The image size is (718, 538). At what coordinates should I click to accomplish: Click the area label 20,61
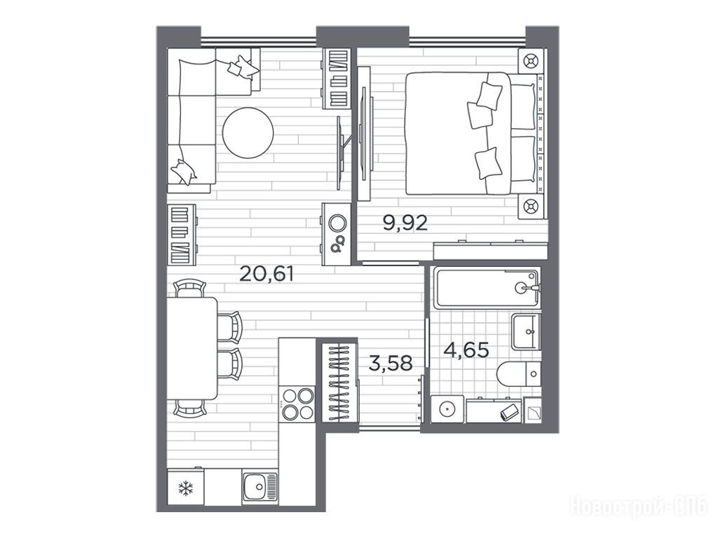coord(266,274)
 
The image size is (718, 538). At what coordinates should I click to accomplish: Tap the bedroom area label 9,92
coord(405,223)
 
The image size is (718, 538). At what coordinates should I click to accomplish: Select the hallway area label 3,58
coord(391,364)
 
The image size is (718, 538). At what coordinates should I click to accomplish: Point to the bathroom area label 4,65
coord(466,350)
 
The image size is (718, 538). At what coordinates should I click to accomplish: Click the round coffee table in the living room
coord(248,132)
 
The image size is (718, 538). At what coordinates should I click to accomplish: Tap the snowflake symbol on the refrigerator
coord(185,488)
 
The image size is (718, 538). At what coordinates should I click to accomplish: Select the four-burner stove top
coord(297,403)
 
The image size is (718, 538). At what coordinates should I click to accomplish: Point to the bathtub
coord(487,288)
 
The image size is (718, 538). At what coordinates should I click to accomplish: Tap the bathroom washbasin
coord(526,331)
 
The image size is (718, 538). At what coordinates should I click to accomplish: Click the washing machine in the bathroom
coord(447,409)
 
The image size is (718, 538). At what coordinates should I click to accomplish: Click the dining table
coord(192,348)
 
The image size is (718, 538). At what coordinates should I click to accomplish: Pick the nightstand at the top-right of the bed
coord(531,61)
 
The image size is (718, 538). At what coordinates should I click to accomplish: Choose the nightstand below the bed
coord(531,207)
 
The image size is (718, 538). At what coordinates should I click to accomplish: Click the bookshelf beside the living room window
coord(337,78)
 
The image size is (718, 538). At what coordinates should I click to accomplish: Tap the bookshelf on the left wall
coord(182,235)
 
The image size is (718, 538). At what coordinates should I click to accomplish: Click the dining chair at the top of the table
coord(189,289)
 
